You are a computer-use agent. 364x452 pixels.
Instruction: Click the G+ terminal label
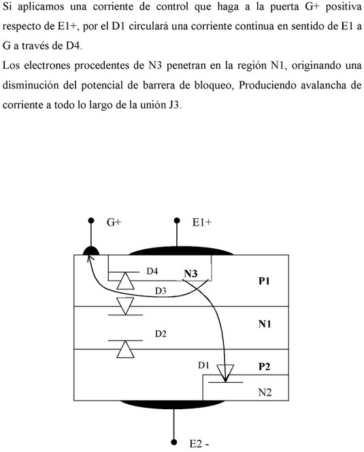coord(114,222)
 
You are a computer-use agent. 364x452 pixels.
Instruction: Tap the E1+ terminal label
coord(202,222)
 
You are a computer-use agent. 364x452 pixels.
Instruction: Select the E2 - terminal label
coord(199,444)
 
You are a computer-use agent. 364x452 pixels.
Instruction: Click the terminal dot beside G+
coord(91,221)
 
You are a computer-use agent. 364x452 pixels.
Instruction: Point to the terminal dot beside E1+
coord(177,221)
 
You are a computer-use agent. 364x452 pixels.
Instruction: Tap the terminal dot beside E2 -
coord(173,442)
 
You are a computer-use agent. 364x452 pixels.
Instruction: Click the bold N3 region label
coord(191,273)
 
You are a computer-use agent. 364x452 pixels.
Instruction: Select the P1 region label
coord(264,281)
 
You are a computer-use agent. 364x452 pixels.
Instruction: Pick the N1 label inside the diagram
coord(265,324)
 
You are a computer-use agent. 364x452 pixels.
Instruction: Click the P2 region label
coord(265,366)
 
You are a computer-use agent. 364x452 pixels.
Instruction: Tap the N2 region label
coord(265,392)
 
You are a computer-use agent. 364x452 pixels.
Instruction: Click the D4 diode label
coord(152,271)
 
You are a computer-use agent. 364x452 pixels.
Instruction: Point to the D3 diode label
coord(161,291)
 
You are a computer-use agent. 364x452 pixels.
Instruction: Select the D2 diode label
coord(161,334)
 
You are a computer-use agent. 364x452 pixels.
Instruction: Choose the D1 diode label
coord(203,365)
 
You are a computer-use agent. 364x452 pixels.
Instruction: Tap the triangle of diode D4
coord(125,281)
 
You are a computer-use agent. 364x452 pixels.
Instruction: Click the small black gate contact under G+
coord(91,251)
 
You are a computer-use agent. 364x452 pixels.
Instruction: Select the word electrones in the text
coord(46,65)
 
